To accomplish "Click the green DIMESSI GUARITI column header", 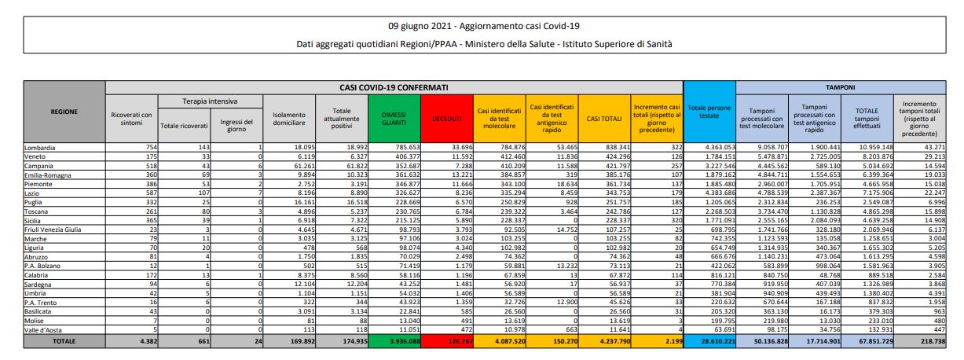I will point(394,118).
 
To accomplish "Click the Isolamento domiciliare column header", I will point(286,118).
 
